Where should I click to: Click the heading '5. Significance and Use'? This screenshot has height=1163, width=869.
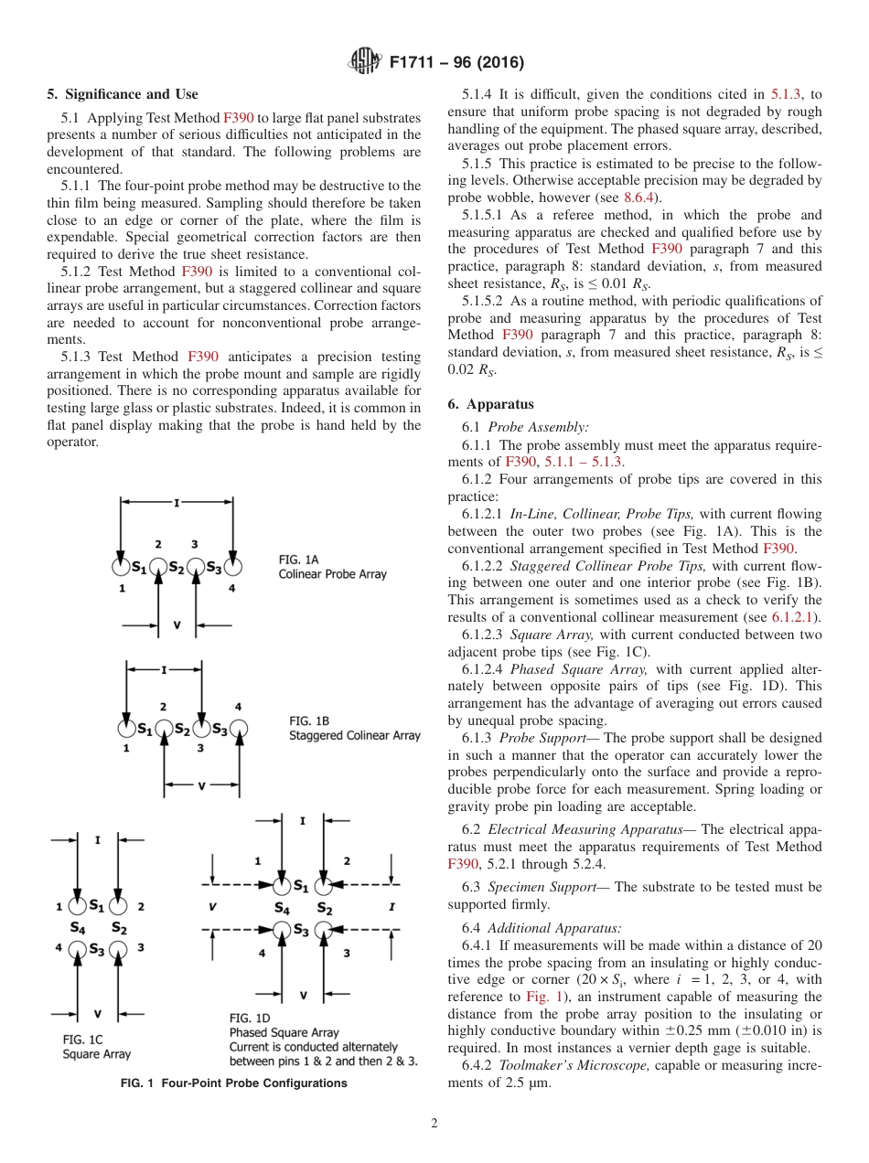122,94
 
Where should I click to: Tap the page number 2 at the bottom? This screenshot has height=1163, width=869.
434,1123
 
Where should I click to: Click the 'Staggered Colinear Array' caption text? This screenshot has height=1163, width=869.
355,735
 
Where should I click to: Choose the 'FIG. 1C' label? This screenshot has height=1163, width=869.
80,1040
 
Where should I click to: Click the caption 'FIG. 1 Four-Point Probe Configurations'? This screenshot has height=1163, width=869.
234,1083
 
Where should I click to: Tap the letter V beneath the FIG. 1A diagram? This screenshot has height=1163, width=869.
177,625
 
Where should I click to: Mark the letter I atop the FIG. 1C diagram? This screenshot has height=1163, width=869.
98,838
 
